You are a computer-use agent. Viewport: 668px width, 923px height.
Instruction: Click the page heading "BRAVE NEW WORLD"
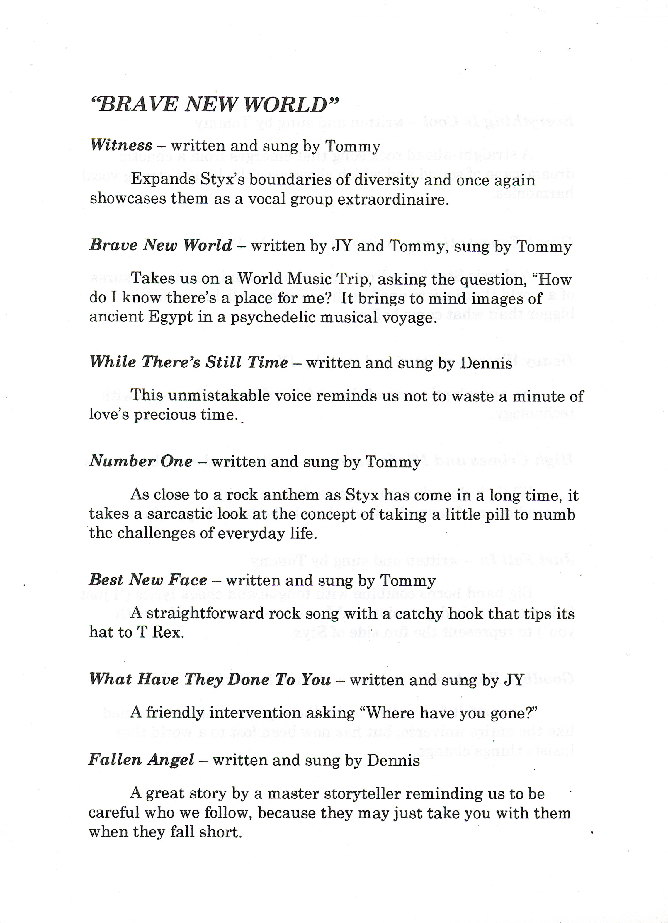coord(215,105)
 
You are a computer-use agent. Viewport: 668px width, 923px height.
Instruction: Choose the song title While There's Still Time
coord(188,362)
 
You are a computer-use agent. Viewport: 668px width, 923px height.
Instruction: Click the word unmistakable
coord(210,396)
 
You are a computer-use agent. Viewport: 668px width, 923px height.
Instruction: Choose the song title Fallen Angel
coord(141,760)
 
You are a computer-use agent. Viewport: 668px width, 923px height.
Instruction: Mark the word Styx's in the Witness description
coord(222,180)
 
